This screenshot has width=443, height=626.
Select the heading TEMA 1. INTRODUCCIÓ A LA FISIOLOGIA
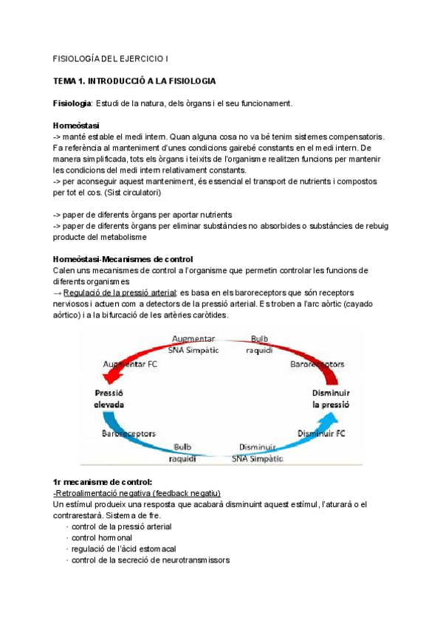coord(134,80)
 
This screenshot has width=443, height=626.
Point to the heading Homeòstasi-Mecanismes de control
coord(123,259)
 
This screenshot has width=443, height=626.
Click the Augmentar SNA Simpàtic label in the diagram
coord(196,342)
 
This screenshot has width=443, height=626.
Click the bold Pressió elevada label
coord(109,399)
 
